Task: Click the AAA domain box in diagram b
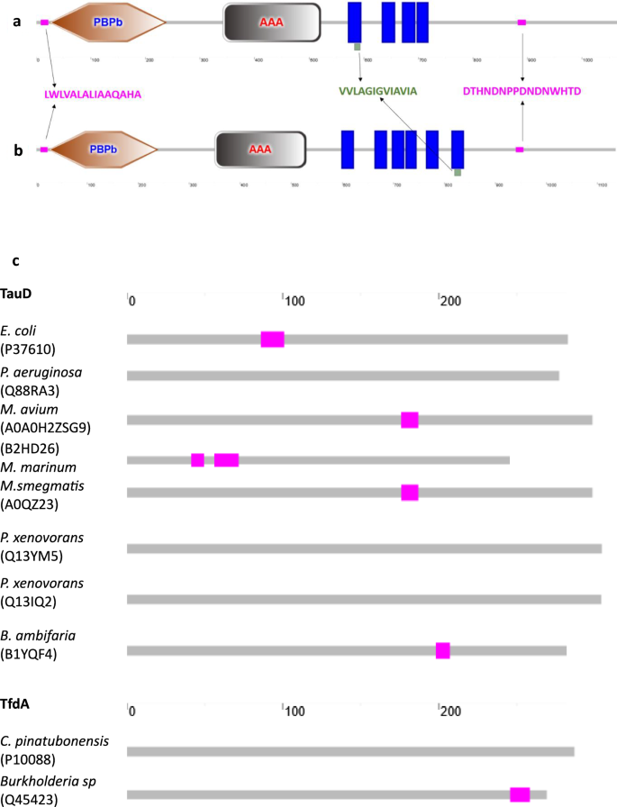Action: click(x=260, y=150)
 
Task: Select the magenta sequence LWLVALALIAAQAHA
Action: click(x=93, y=93)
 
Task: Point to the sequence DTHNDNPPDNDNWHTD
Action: click(x=522, y=92)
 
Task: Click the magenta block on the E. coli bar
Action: click(x=272, y=339)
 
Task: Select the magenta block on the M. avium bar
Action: click(x=410, y=420)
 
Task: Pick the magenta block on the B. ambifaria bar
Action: click(x=442, y=650)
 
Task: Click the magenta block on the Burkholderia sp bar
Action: click(x=520, y=793)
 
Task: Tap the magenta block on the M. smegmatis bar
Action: click(x=410, y=492)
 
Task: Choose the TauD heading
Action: click(x=19, y=294)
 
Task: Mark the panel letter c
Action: click(x=15, y=261)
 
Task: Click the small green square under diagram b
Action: click(x=458, y=172)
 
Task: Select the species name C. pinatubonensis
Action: click(x=55, y=740)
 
